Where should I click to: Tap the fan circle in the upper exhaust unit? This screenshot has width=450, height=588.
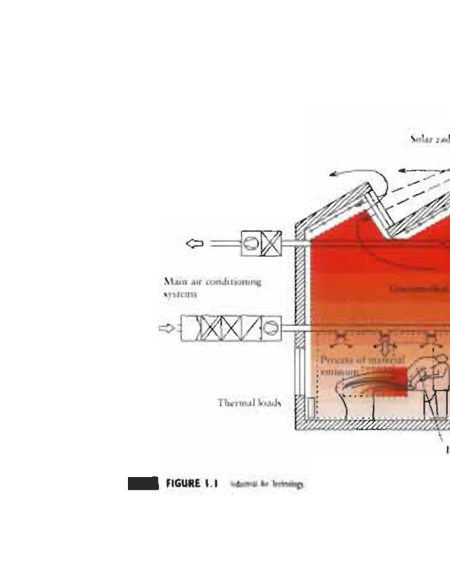[x=251, y=243]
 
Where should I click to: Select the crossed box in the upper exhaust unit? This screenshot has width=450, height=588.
[x=270, y=243]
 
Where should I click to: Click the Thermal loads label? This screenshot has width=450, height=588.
[x=250, y=402]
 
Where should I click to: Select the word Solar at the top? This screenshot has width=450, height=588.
[x=421, y=137]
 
